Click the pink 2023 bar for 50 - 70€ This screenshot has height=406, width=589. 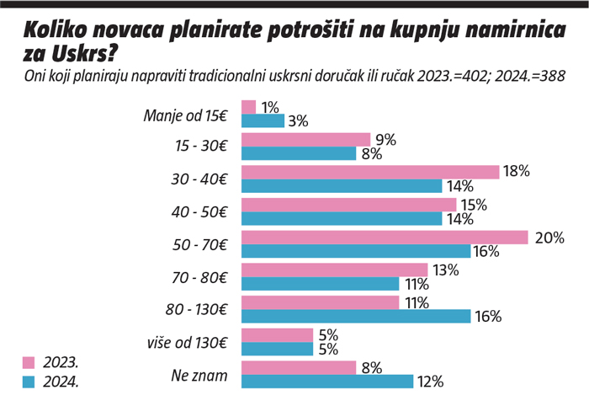click(x=385, y=238)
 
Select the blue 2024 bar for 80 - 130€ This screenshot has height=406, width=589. click(x=356, y=317)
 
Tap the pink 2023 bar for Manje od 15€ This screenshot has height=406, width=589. click(x=248, y=107)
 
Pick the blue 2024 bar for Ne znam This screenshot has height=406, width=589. click(x=327, y=382)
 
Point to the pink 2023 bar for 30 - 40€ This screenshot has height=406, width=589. click(x=370, y=172)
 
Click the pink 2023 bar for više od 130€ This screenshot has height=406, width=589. click(x=277, y=335)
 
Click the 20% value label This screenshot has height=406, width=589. click(x=549, y=238)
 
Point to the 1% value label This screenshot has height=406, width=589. click(x=270, y=107)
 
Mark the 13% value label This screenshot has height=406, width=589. click(x=444, y=270)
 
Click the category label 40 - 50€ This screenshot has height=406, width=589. click(x=200, y=211)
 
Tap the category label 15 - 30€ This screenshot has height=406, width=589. click(x=200, y=146)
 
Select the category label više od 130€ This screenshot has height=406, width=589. click(x=185, y=343)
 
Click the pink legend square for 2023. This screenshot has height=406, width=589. click(x=28, y=363)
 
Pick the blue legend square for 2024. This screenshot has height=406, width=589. click(x=28, y=382)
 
